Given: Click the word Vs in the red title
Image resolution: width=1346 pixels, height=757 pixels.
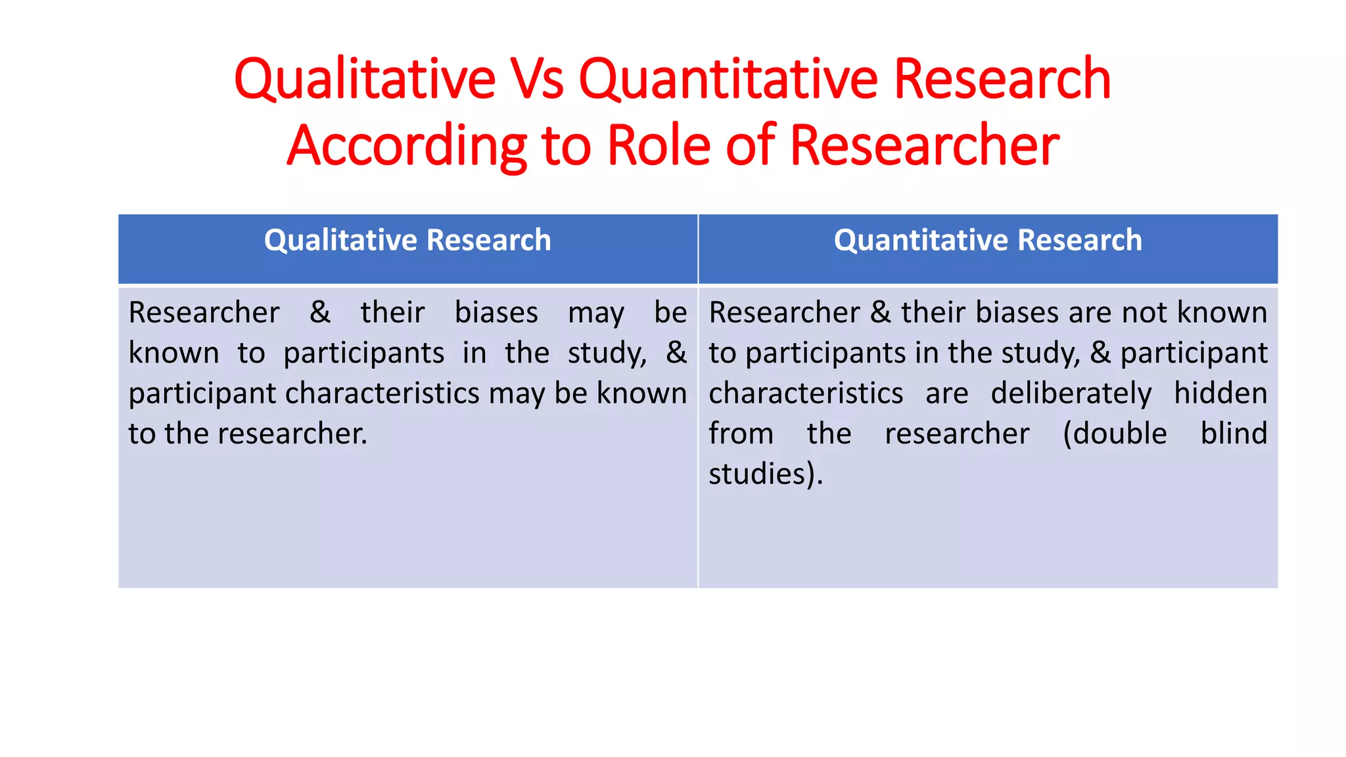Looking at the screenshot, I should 537,79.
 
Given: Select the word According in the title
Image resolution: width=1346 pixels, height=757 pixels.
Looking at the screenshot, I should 407,146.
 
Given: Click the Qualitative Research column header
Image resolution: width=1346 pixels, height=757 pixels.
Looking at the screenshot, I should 407,241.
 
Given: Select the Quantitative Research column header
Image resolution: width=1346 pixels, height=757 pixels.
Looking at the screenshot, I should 988,241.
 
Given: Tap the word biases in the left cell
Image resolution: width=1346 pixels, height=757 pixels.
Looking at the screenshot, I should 496,312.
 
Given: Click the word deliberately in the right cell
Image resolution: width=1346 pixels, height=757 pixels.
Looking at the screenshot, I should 1071,394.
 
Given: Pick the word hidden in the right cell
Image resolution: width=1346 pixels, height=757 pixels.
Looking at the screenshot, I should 1220,394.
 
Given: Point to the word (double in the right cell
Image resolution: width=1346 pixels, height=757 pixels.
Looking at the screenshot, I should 1115,434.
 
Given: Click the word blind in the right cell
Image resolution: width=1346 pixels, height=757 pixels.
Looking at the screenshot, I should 1234,434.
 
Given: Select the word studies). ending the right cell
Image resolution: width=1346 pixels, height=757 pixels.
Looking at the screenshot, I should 766,474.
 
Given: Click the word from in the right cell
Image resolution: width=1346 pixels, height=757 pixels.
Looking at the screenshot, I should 741,434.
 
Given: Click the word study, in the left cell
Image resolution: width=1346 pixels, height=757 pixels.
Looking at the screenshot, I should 607,354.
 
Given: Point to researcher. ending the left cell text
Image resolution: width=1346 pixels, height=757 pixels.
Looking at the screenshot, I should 292,434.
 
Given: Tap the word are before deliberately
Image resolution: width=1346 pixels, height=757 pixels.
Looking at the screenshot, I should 946,394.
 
